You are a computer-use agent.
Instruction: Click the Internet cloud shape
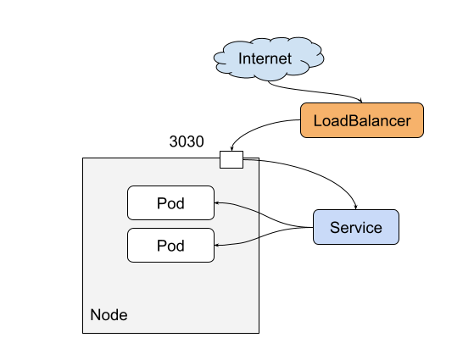click(x=269, y=58)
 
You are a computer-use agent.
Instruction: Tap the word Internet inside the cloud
click(x=265, y=58)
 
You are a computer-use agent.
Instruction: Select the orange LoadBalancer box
click(x=362, y=120)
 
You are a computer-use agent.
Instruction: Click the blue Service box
click(x=356, y=227)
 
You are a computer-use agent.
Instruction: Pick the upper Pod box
click(x=170, y=202)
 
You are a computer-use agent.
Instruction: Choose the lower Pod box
click(x=170, y=246)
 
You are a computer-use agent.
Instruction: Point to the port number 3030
click(x=187, y=141)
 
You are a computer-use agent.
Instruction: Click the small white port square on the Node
click(x=231, y=159)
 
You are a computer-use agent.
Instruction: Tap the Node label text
click(x=109, y=315)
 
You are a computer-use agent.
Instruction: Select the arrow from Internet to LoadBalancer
click(x=315, y=91)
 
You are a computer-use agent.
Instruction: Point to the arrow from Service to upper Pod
click(x=263, y=213)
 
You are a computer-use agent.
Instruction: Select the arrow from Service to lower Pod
click(x=263, y=236)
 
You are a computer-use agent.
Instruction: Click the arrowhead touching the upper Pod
click(x=216, y=203)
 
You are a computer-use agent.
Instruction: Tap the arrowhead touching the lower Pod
click(x=216, y=246)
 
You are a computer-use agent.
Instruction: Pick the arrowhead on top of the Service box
click(x=356, y=208)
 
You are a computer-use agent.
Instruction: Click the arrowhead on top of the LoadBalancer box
click(x=360, y=101)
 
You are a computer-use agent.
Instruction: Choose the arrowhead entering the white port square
click(x=231, y=149)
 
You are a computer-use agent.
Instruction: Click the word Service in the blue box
click(x=356, y=227)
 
